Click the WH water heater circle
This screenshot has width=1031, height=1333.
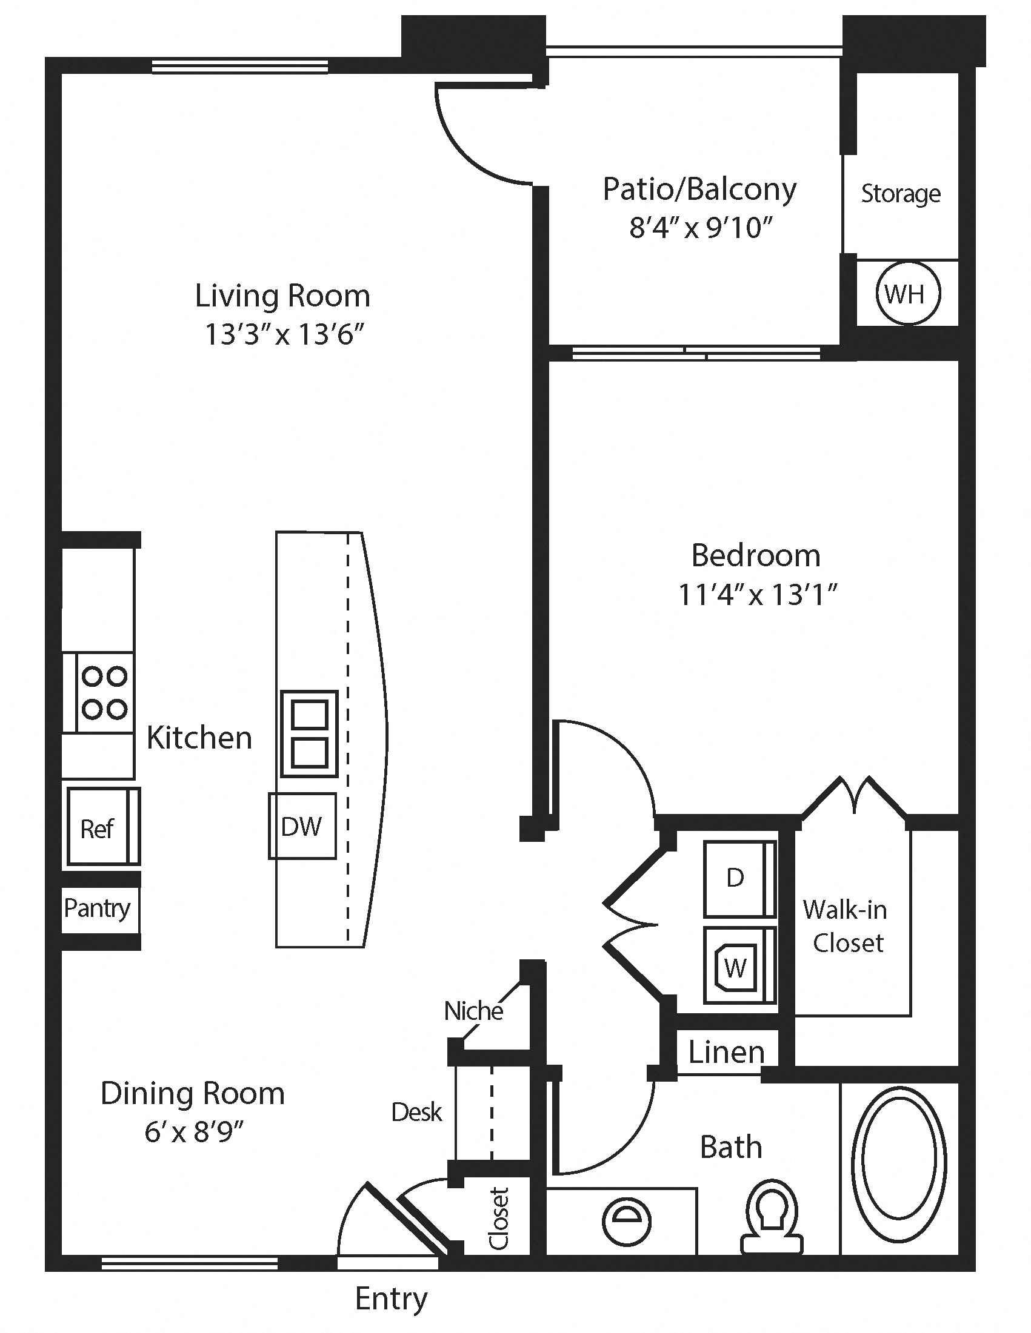[907, 294]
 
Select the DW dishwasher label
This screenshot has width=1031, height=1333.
[301, 826]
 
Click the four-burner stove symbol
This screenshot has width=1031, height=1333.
[104, 692]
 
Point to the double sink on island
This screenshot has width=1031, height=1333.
[309, 733]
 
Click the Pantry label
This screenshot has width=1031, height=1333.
[97, 908]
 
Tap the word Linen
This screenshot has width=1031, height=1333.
[726, 1051]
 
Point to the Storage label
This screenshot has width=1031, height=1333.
[900, 193]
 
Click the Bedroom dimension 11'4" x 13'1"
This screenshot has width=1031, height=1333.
[757, 595]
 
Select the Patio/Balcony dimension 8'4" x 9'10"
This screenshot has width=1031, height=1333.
[701, 228]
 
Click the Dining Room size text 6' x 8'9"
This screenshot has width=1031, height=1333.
[193, 1132]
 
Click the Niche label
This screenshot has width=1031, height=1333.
[473, 1011]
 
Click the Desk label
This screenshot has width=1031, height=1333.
[416, 1112]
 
